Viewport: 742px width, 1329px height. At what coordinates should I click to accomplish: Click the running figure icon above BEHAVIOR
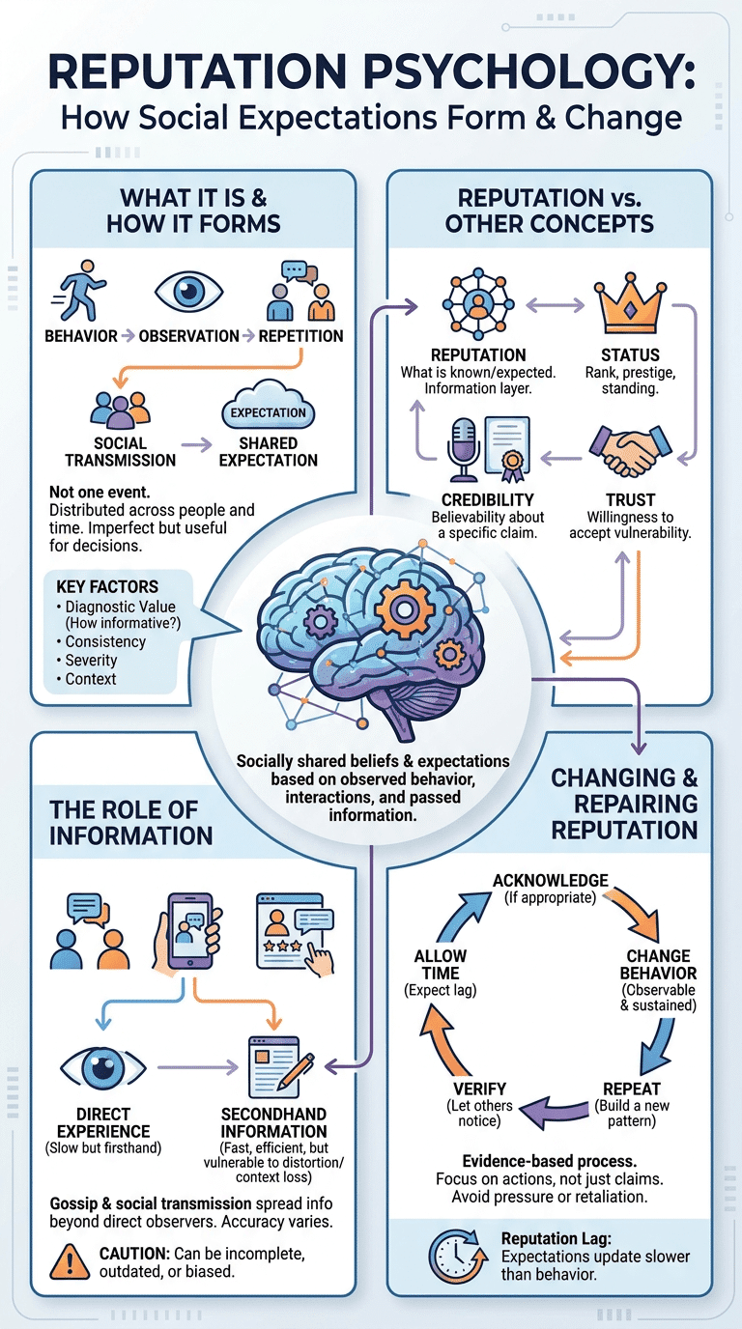point(79,291)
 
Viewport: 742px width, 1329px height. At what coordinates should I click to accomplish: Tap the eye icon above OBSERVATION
point(188,291)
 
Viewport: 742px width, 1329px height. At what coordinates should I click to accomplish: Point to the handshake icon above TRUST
point(630,451)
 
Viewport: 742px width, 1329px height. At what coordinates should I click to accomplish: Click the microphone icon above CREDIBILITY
point(464,449)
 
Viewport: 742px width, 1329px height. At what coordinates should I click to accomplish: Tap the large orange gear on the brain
point(406,609)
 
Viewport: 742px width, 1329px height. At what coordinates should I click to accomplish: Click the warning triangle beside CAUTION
point(70,1262)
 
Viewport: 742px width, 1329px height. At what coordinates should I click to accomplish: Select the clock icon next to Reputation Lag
point(455,1256)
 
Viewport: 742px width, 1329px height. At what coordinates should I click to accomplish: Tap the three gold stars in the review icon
point(282,946)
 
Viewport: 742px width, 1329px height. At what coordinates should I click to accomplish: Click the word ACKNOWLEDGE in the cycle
point(551,881)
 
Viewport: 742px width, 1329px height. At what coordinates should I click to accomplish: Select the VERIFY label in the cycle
point(479,1089)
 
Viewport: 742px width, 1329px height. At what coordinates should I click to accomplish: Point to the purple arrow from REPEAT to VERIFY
point(556,1111)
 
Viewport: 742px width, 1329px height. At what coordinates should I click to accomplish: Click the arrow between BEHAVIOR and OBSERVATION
point(128,336)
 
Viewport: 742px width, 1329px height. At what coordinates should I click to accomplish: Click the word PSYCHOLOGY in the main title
point(528,71)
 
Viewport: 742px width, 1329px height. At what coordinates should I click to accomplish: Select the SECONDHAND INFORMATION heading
point(273,1122)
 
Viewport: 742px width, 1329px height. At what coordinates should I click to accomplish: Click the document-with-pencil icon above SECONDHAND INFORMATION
point(279,1066)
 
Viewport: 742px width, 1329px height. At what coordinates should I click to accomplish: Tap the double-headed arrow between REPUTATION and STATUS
point(555,305)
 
